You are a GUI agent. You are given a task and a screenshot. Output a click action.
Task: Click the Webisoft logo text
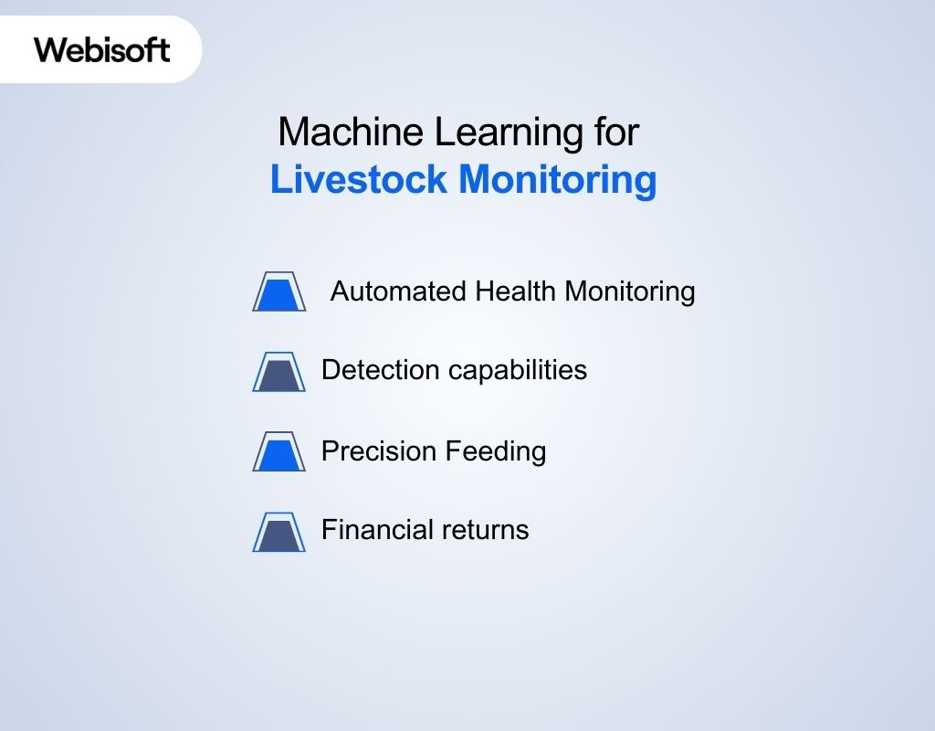(x=102, y=48)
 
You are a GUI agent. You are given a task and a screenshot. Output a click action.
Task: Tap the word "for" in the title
(x=614, y=132)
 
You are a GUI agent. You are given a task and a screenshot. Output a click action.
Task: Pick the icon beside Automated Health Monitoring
(x=278, y=291)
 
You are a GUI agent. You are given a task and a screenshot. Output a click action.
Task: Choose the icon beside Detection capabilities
(x=278, y=371)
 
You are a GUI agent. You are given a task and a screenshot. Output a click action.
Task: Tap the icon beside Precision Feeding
(x=278, y=451)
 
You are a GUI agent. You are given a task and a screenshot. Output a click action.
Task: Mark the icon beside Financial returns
(x=278, y=532)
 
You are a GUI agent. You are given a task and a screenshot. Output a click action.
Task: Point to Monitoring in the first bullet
(x=630, y=291)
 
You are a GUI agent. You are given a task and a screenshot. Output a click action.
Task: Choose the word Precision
(x=379, y=450)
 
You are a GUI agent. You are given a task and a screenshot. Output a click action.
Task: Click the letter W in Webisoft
(x=48, y=48)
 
